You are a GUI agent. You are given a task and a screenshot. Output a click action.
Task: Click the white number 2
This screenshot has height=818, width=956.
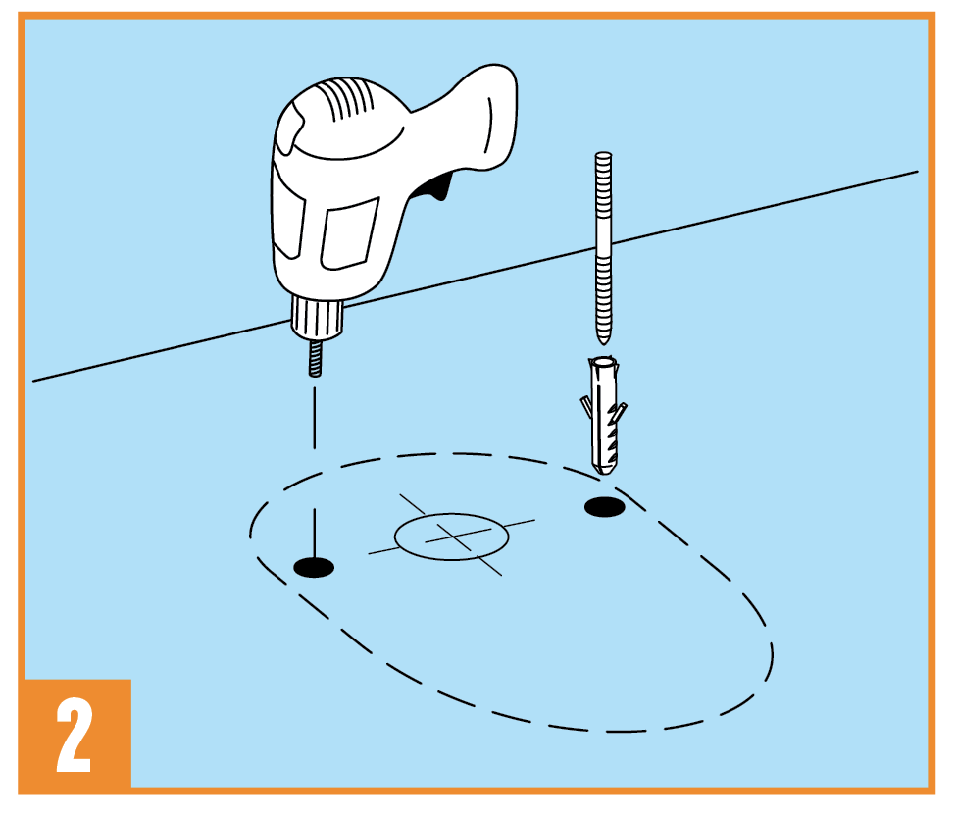pyautogui.click(x=75, y=735)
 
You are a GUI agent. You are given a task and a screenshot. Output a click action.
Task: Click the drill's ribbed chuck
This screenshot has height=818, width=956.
pyautogui.click(x=317, y=317)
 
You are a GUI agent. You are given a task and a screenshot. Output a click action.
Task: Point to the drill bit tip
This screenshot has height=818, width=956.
pyautogui.click(x=315, y=374)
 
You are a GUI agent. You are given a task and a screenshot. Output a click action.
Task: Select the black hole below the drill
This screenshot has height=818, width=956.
pyautogui.click(x=314, y=567)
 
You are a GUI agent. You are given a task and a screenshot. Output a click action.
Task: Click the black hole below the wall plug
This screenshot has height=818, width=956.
pyautogui.click(x=604, y=506)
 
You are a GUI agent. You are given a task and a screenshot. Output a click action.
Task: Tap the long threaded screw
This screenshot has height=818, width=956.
pyautogui.click(x=603, y=248)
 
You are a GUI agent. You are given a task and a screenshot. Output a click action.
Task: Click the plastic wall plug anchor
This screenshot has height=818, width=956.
pyautogui.click(x=603, y=415)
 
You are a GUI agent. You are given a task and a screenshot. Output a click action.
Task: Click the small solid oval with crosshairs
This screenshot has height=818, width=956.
pyautogui.click(x=451, y=537)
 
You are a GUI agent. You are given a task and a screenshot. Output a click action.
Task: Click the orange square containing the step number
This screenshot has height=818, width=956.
pyautogui.click(x=78, y=734)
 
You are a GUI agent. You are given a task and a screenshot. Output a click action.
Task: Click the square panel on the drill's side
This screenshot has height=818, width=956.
pyautogui.click(x=349, y=234)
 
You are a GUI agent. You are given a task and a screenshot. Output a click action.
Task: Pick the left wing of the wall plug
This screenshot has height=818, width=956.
pyautogui.click(x=586, y=407)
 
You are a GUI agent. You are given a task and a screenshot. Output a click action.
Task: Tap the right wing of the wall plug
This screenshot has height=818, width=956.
pyautogui.click(x=619, y=413)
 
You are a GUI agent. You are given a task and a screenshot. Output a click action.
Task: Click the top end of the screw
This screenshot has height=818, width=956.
pyautogui.click(x=603, y=155)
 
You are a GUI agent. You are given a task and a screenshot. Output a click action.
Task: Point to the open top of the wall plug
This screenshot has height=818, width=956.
pyautogui.click(x=603, y=362)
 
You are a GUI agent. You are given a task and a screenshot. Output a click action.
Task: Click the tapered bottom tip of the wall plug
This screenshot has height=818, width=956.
pyautogui.click(x=604, y=471)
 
